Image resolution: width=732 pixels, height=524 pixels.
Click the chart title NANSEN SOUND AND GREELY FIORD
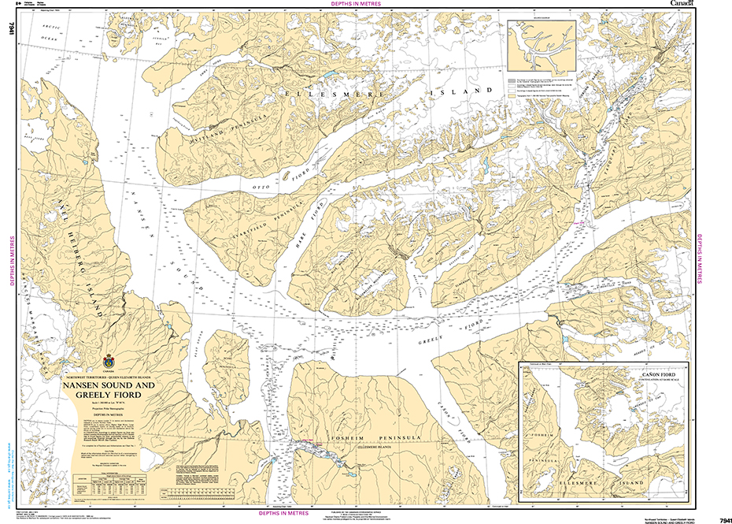coord(109,388)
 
